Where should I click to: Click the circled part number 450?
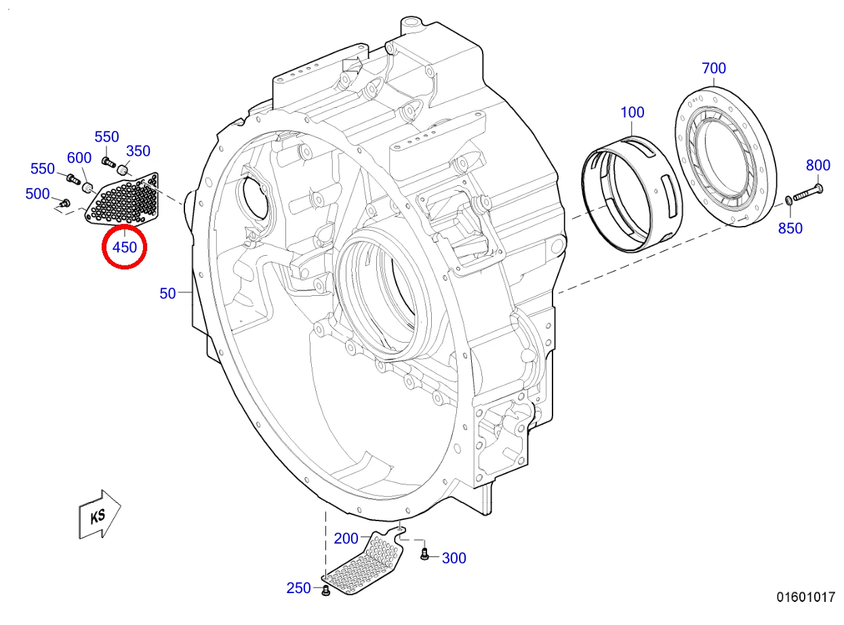(x=125, y=247)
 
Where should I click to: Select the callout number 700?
(x=714, y=69)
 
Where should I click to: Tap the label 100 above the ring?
(x=632, y=113)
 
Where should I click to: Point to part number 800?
(x=818, y=165)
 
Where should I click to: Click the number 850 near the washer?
(x=790, y=228)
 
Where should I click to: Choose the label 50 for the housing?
(x=167, y=293)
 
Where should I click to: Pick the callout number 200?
(x=346, y=539)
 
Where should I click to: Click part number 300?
(x=454, y=558)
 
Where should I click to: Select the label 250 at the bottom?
(x=299, y=588)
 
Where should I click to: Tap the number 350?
(x=138, y=151)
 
